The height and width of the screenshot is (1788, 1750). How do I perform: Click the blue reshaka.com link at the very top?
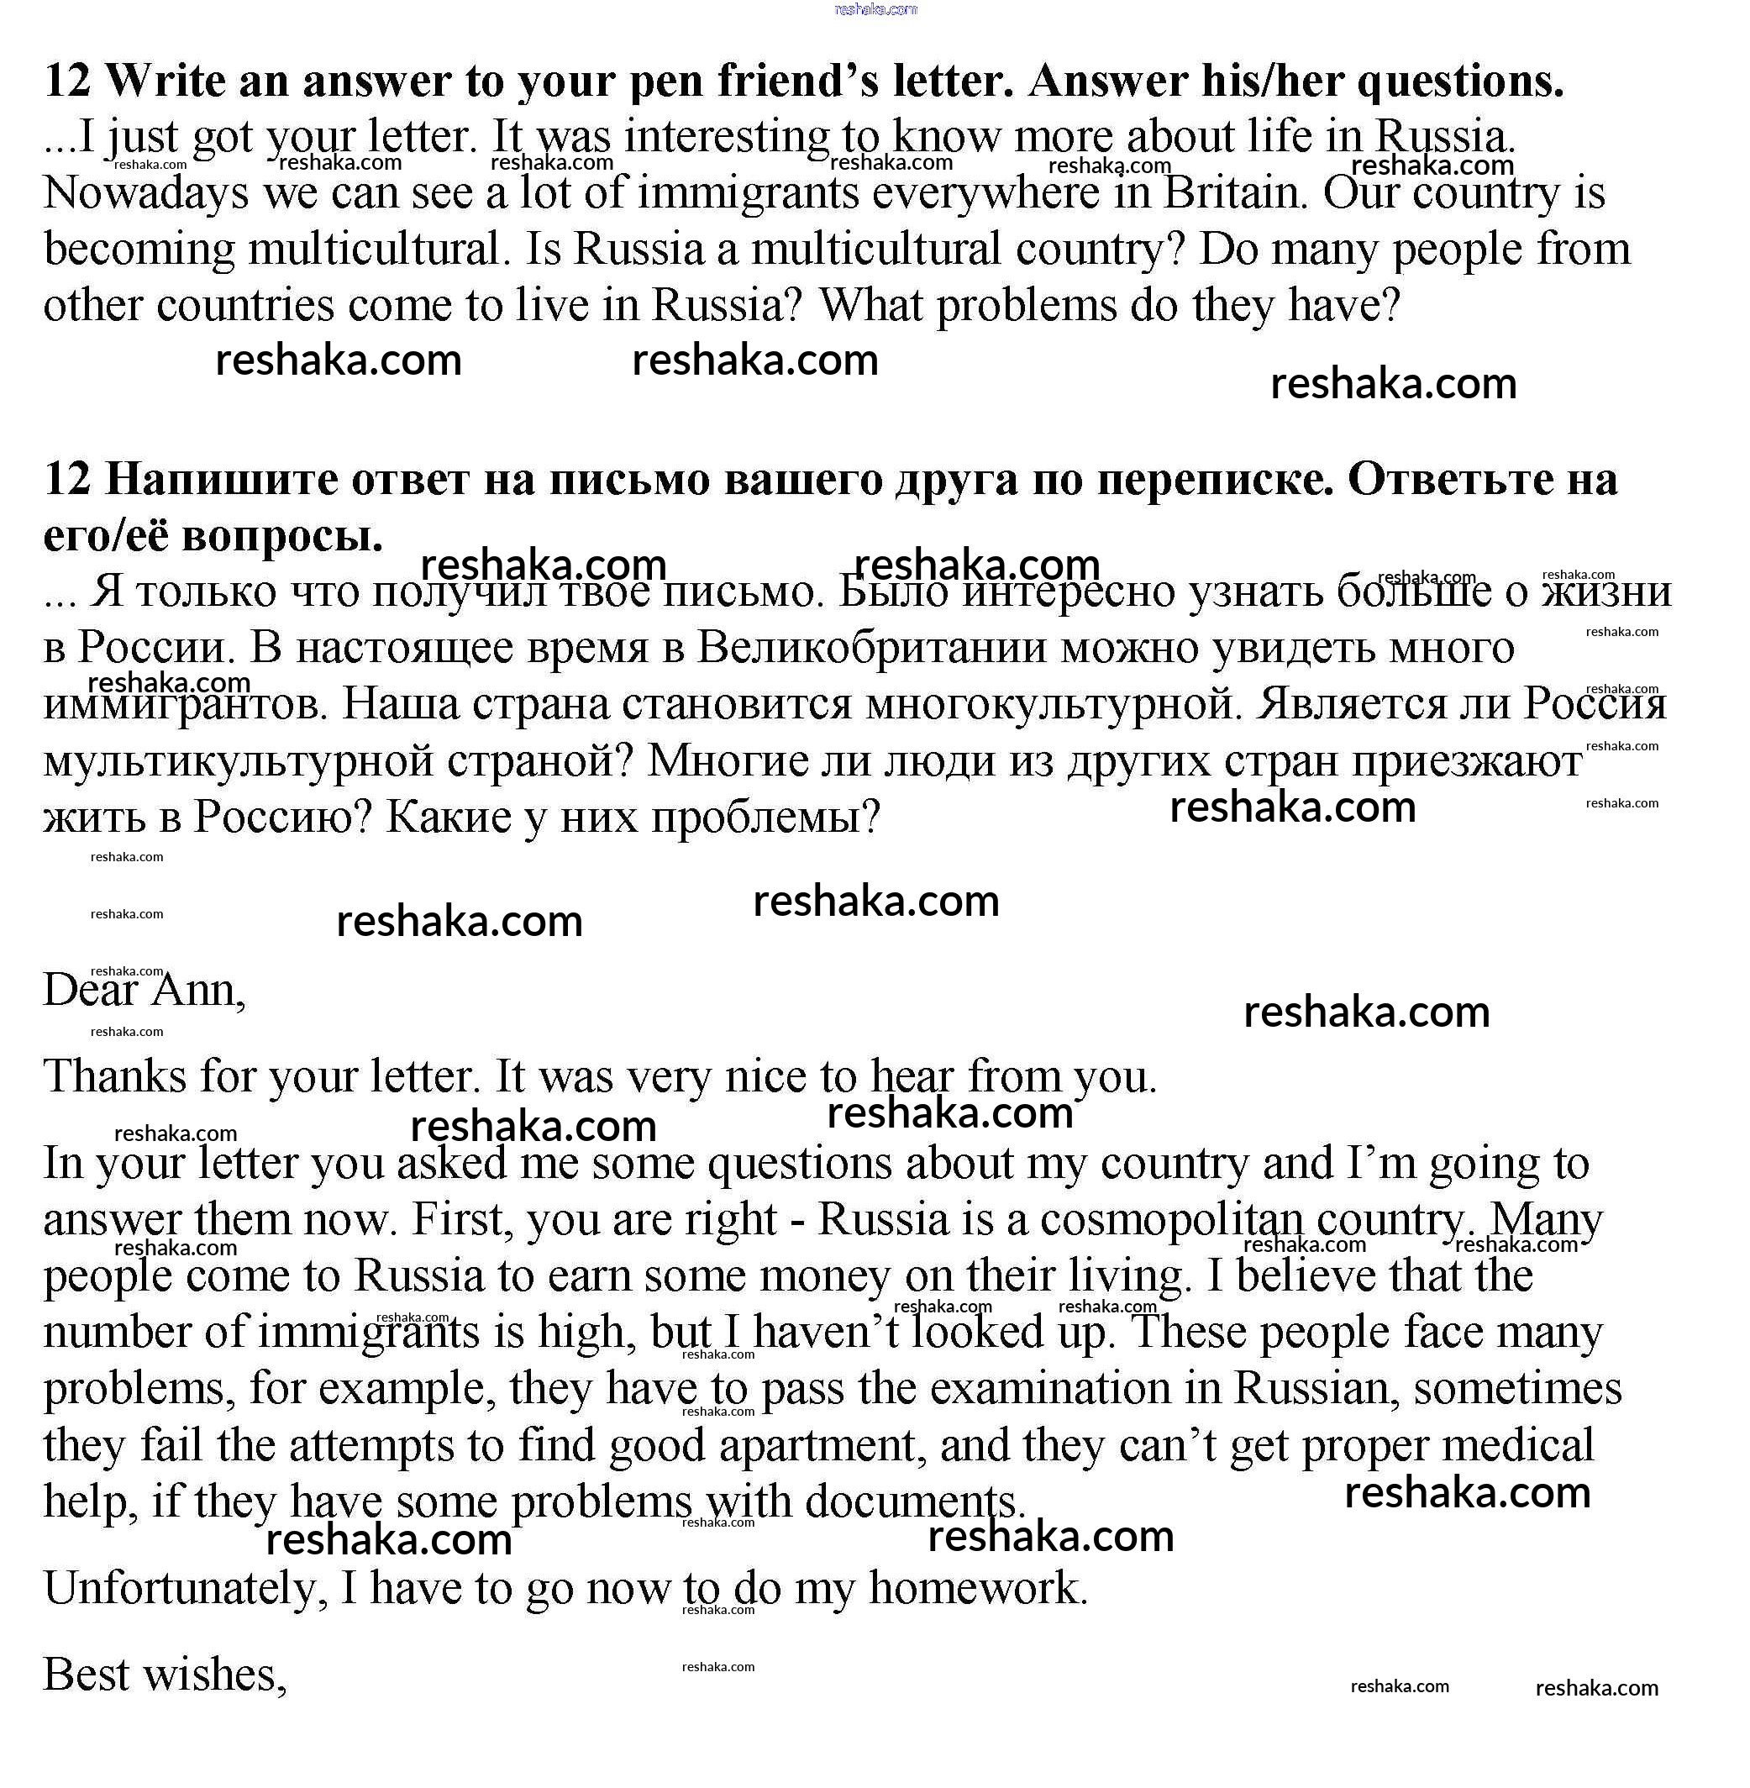pos(875,9)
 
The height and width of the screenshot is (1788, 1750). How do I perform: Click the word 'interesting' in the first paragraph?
pos(726,138)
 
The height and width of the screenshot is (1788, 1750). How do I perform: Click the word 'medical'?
pos(1516,1445)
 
